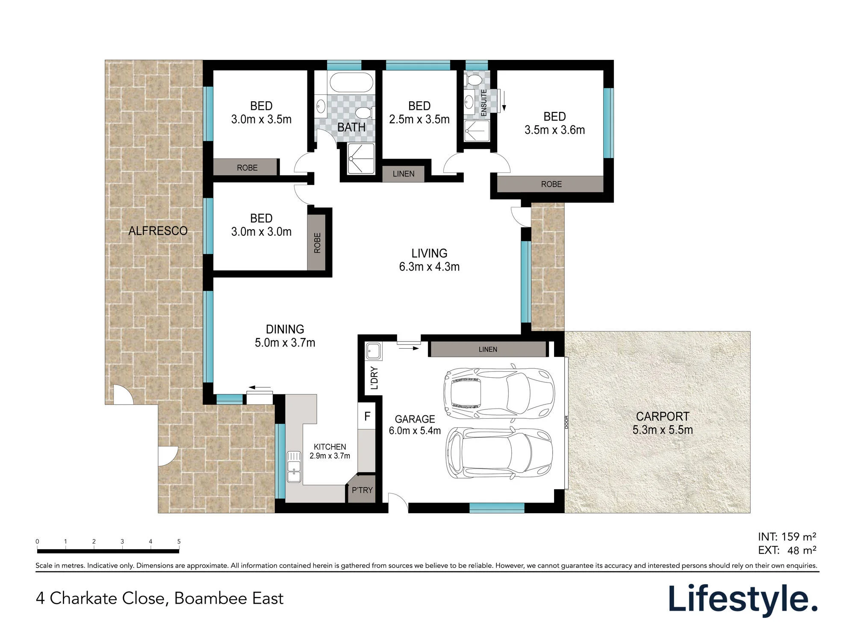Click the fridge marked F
(x=367, y=416)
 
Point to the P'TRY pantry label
(x=362, y=490)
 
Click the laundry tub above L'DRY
(x=374, y=351)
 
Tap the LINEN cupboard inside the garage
(x=488, y=349)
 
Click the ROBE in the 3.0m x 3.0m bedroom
(x=317, y=243)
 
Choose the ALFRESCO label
(x=158, y=231)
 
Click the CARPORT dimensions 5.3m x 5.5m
(x=663, y=430)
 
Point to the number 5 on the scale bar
(x=179, y=541)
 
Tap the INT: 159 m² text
(x=787, y=537)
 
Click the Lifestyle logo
(x=743, y=600)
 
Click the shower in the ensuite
(x=477, y=131)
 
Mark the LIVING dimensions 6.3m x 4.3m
(x=429, y=267)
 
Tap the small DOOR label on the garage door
(x=566, y=422)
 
